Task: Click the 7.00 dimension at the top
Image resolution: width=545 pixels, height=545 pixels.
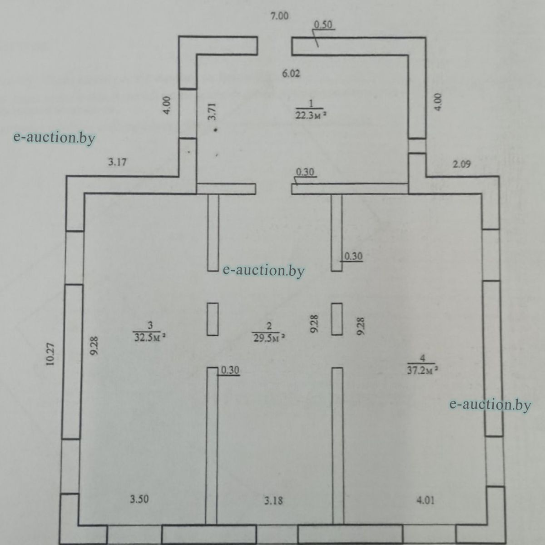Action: (279, 16)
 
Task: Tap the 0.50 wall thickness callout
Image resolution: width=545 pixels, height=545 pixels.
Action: (323, 25)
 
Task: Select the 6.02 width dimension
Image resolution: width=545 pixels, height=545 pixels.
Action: (291, 74)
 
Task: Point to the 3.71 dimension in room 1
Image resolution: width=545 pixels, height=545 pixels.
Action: (212, 111)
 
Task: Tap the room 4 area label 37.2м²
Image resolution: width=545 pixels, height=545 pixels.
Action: (422, 370)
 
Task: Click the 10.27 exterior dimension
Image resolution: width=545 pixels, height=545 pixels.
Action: (50, 354)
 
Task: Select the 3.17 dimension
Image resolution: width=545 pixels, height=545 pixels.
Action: (117, 162)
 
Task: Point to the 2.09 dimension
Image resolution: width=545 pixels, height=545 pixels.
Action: (461, 164)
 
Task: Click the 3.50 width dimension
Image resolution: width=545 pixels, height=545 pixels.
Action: (139, 499)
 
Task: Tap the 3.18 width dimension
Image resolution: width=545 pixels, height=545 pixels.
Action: (273, 500)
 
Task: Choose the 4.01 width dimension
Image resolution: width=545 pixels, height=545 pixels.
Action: (426, 500)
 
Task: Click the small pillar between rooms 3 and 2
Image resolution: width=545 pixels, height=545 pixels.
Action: (213, 319)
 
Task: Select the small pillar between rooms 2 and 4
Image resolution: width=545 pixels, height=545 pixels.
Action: (337, 319)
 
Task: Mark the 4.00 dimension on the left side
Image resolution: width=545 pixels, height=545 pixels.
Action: (167, 105)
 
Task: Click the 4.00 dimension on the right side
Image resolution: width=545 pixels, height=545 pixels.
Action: (437, 102)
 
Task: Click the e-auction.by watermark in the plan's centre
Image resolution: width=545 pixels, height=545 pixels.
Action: (263, 271)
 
